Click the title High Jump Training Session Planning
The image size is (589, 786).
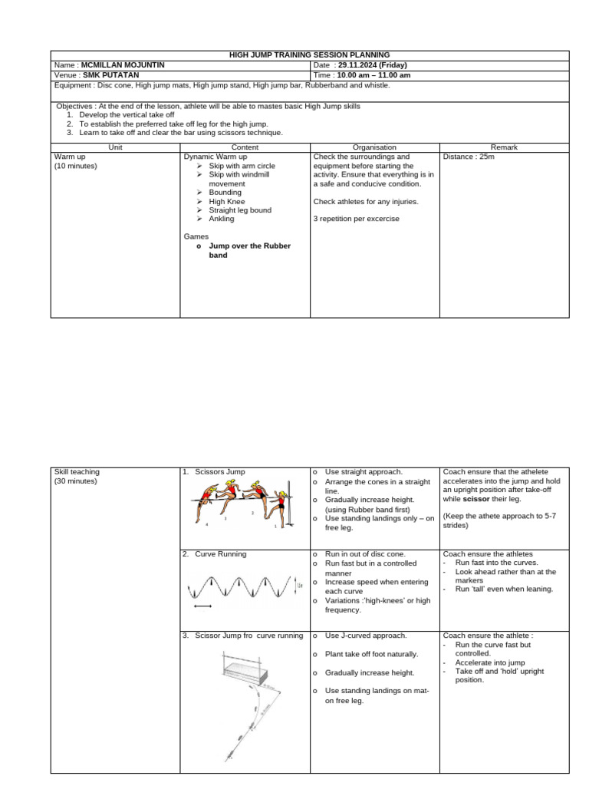(x=310, y=55)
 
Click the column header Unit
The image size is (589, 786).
(x=115, y=147)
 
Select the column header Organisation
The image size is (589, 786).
(x=374, y=147)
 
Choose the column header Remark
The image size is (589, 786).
(x=504, y=147)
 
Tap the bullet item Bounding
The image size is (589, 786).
(x=225, y=193)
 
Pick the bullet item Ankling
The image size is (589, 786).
(x=222, y=219)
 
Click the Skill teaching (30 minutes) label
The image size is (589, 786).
(x=77, y=477)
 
